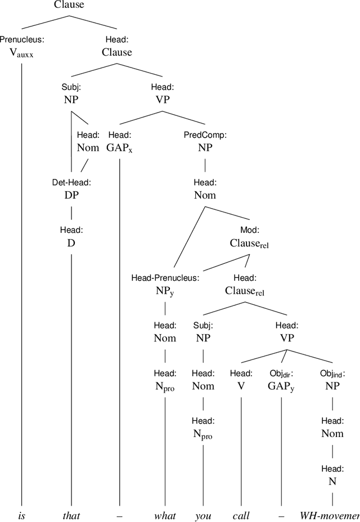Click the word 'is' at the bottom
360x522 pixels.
click(21, 515)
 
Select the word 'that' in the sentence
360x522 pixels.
click(71, 515)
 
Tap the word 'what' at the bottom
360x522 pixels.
click(165, 515)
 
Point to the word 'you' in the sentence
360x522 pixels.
click(203, 515)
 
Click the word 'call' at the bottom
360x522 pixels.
click(241, 515)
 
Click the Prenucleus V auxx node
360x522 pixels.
click(21, 54)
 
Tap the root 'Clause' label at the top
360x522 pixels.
click(69, 6)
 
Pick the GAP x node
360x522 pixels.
click(120, 148)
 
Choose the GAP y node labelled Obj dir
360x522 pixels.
click(281, 386)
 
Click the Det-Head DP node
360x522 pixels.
click(71, 196)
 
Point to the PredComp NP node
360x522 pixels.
click(204, 148)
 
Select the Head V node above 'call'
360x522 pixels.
click(241, 386)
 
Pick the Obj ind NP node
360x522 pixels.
click(332, 386)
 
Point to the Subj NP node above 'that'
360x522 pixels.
click(71, 100)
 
